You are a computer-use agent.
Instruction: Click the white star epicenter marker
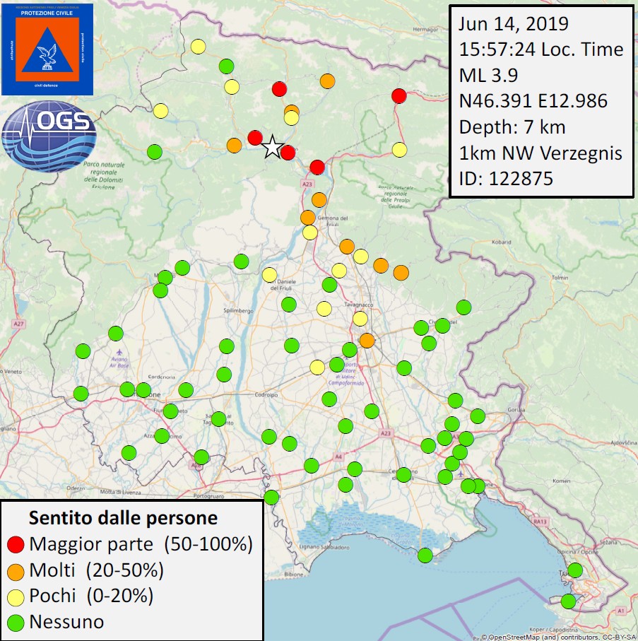(271, 147)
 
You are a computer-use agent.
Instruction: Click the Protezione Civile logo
(47, 49)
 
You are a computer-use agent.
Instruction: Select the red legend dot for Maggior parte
(17, 544)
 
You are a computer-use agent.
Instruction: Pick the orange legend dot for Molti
(17, 570)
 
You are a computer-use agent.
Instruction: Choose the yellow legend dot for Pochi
(17, 596)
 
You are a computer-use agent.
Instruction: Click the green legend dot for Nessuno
(17, 623)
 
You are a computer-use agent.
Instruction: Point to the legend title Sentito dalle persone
(123, 518)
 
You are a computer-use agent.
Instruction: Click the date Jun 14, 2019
(514, 23)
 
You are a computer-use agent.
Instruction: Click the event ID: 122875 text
(506, 179)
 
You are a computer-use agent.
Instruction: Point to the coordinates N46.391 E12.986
(533, 101)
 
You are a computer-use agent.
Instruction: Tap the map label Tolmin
(559, 278)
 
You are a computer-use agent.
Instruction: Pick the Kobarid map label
(502, 242)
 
